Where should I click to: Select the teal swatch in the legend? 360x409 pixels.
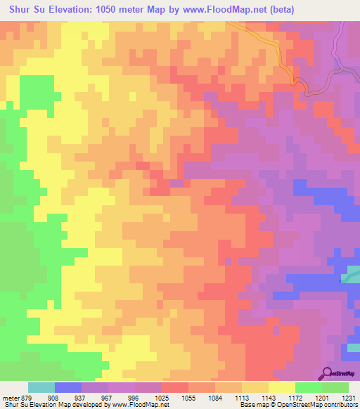(x=41, y=387)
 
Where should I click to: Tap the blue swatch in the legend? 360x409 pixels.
(x=68, y=387)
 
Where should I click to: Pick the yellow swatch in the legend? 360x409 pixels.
(x=281, y=387)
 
